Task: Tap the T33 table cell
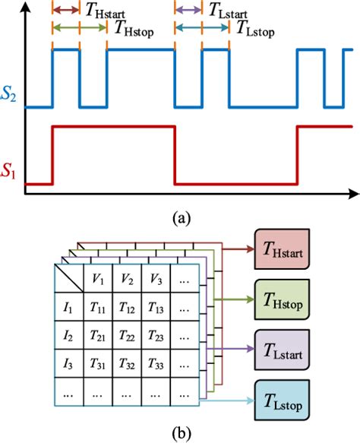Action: coord(155,362)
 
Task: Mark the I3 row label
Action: coord(68,362)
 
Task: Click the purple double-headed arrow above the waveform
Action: coord(188,11)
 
